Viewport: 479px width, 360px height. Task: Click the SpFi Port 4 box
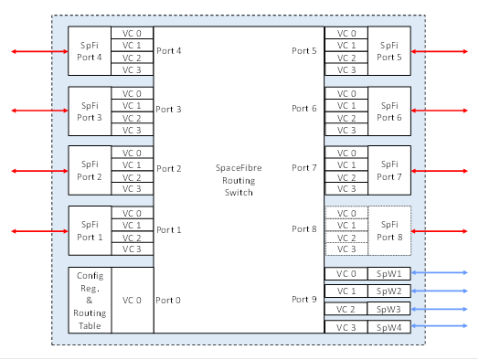pos(90,51)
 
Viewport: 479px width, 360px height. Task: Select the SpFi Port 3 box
pos(90,111)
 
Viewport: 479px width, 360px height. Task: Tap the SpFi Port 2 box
pos(90,170)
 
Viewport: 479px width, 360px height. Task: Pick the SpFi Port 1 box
pos(90,230)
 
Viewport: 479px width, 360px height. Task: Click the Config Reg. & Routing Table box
pos(90,300)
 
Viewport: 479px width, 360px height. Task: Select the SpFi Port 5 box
pos(389,51)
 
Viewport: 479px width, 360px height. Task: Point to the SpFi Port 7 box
pos(389,170)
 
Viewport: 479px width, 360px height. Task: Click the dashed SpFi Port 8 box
pos(389,230)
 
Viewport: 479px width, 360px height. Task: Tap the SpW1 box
pos(389,273)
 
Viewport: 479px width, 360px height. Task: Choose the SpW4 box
pos(389,327)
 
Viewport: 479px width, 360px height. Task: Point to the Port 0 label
pos(169,300)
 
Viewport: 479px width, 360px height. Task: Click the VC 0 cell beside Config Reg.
pos(133,300)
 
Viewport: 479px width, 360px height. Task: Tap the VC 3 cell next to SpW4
pos(346,327)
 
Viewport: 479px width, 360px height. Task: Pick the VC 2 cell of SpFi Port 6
pos(346,117)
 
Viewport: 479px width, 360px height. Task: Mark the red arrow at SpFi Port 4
pos(37,51)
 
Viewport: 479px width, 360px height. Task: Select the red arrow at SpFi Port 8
pos(442,230)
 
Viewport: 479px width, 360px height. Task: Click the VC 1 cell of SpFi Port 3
pos(133,105)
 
